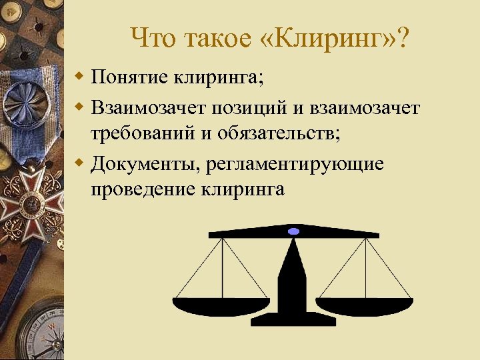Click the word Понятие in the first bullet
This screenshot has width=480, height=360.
pyautogui.click(x=130, y=79)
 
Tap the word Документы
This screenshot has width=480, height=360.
pyautogui.click(x=147, y=163)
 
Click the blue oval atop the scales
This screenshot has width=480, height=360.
pyautogui.click(x=293, y=231)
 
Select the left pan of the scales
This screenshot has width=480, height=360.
pyautogui.click(x=221, y=306)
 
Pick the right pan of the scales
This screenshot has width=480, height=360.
pyautogui.click(x=365, y=306)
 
